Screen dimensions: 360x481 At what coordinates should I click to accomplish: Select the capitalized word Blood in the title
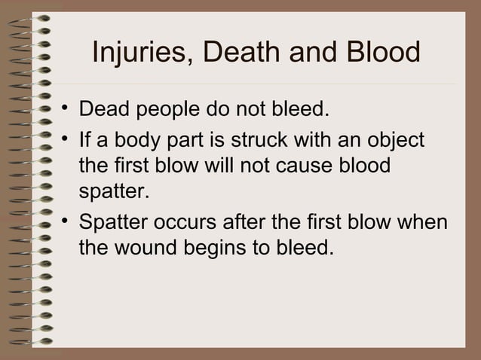[x=381, y=53]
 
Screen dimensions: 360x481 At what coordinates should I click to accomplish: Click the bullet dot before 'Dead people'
[x=66, y=111]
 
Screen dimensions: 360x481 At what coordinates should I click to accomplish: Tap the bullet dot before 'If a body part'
[x=66, y=139]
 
